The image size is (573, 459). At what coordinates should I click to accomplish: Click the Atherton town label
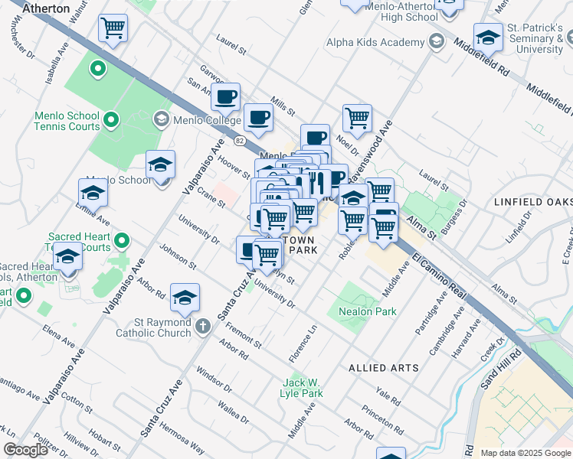(48, 9)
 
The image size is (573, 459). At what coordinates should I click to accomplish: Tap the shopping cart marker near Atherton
(113, 29)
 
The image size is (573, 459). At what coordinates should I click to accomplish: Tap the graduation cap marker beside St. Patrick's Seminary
(487, 36)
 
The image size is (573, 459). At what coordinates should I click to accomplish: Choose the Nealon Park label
(368, 311)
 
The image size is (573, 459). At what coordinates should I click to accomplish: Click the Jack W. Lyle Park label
(303, 388)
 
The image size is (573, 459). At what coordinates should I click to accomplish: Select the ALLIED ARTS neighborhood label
(384, 368)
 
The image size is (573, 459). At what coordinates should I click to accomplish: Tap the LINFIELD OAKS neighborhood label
(534, 201)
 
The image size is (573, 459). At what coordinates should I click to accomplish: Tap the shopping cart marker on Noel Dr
(357, 118)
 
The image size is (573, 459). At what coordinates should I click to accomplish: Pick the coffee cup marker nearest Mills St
(258, 117)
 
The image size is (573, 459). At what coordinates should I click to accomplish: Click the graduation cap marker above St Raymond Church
(185, 298)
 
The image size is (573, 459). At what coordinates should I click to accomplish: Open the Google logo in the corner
(25, 449)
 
